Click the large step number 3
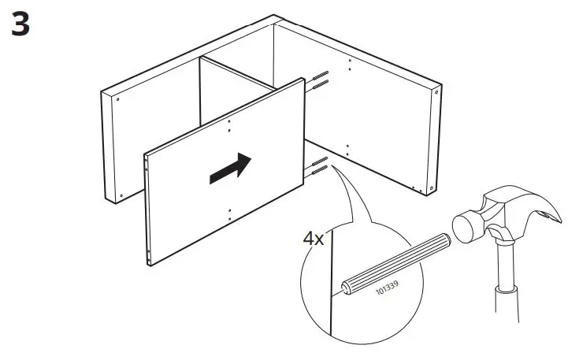21,25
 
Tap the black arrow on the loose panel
230,169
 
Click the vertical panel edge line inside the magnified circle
332,284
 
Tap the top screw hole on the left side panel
117,100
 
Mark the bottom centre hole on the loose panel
228,210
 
